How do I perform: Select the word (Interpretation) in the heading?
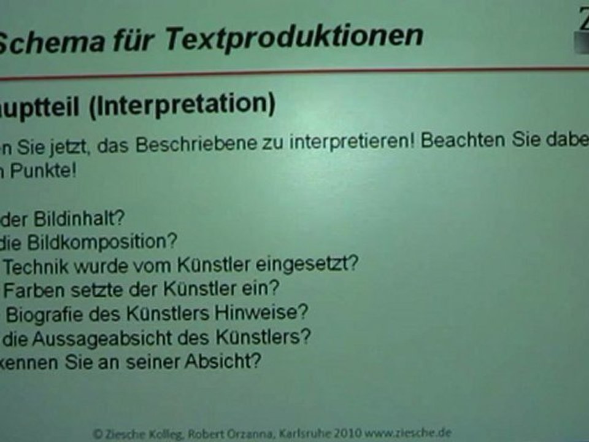[x=181, y=104]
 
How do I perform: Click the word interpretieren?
[x=354, y=142]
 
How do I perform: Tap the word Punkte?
[x=43, y=171]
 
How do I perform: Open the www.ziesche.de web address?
[x=409, y=433]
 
